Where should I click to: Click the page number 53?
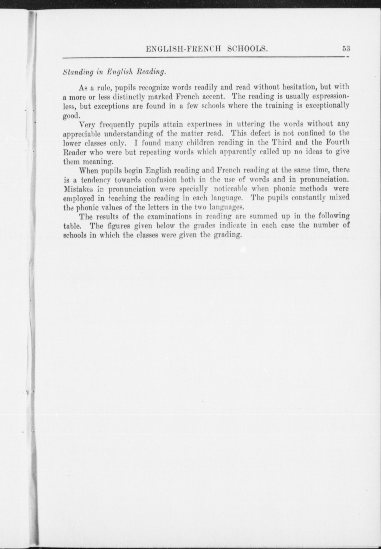point(346,48)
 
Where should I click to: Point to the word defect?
point(258,133)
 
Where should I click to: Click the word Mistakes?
point(78,189)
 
